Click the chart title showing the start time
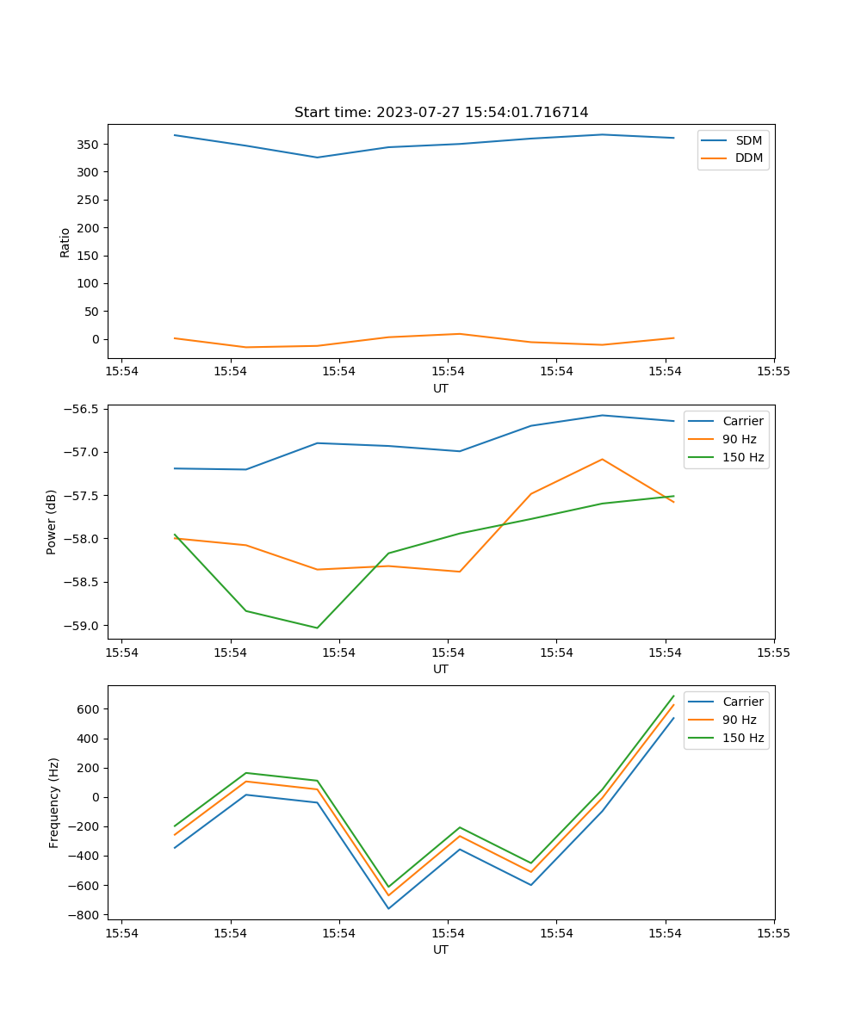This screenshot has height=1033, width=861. pyautogui.click(x=441, y=113)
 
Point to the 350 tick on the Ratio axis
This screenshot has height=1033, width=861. pyautogui.click(x=90, y=145)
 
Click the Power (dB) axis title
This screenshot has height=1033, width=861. pyautogui.click(x=52, y=522)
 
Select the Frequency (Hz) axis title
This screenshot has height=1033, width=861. pyautogui.click(x=53, y=802)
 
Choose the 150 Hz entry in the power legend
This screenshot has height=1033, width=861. pyautogui.click(x=743, y=457)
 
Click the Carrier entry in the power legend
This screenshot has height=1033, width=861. pyautogui.click(x=743, y=421)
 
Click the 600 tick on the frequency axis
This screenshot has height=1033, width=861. pyautogui.click(x=90, y=709)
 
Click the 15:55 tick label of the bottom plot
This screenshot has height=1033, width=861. pyautogui.click(x=773, y=932)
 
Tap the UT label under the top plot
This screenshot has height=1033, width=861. pyautogui.click(x=441, y=388)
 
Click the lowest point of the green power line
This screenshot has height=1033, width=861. pyautogui.click(x=317, y=628)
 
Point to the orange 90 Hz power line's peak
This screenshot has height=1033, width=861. pyautogui.click(x=602, y=459)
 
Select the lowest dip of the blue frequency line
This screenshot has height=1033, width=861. pyautogui.click(x=388, y=908)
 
